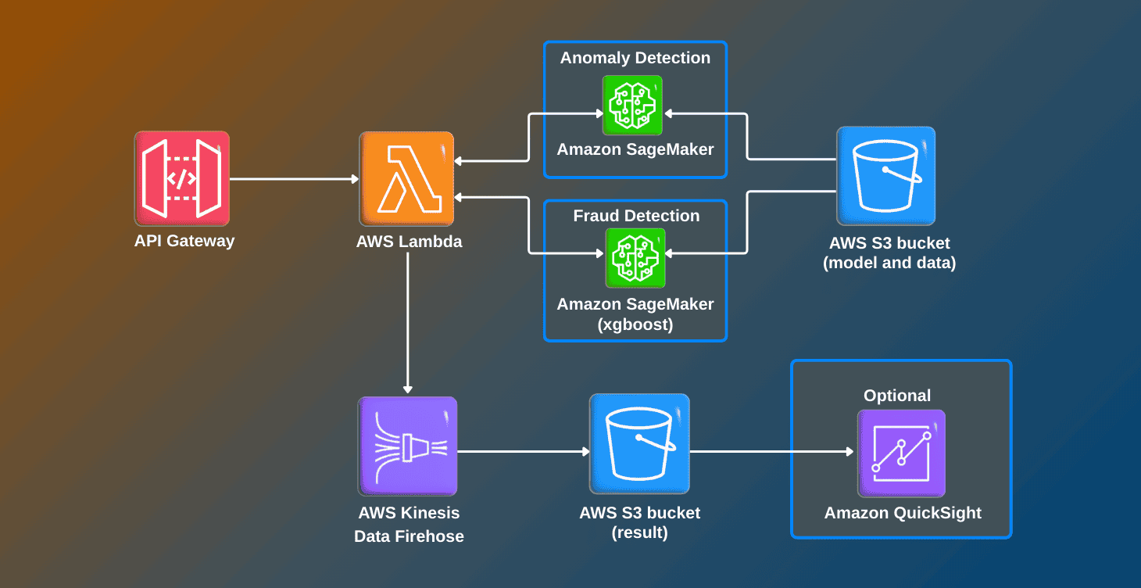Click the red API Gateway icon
pyautogui.click(x=181, y=178)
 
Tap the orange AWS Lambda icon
pyautogui.click(x=406, y=178)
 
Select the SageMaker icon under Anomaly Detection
pyautogui.click(x=632, y=106)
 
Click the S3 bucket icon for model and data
pyautogui.click(x=885, y=176)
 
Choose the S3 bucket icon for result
pyautogui.click(x=639, y=443)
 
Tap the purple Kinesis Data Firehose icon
pyautogui.click(x=407, y=446)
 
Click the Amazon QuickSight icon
pyautogui.click(x=901, y=453)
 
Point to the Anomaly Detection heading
pyautogui.click(x=635, y=58)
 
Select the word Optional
pyautogui.click(x=897, y=396)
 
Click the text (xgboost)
pyautogui.click(x=635, y=324)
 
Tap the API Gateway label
pyautogui.click(x=184, y=241)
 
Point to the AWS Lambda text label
pyautogui.click(x=409, y=242)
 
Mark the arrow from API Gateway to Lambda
pyautogui.click(x=294, y=179)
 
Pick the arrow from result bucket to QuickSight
pyautogui.click(x=771, y=452)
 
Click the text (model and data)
pyautogui.click(x=889, y=264)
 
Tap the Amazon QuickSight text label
pyautogui.click(x=903, y=514)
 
